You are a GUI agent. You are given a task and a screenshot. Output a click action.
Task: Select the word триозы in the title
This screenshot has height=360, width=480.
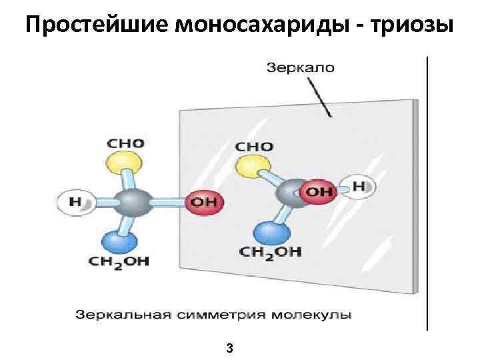click(412, 26)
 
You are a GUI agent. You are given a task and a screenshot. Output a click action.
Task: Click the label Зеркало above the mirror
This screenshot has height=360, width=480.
click(300, 67)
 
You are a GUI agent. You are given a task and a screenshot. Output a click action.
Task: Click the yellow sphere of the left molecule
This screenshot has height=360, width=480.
click(125, 164)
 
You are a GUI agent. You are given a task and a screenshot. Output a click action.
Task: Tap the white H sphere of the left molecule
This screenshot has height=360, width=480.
click(73, 202)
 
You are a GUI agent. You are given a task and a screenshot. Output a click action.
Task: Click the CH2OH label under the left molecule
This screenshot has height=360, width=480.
click(119, 261)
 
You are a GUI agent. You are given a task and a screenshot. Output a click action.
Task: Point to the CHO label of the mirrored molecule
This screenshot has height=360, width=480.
click(254, 147)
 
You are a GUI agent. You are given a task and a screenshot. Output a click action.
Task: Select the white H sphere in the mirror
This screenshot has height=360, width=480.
click(356, 187)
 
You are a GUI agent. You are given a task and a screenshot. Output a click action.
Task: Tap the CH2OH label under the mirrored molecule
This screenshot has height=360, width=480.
click(271, 252)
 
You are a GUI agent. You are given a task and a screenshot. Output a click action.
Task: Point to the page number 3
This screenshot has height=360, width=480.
click(229, 347)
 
